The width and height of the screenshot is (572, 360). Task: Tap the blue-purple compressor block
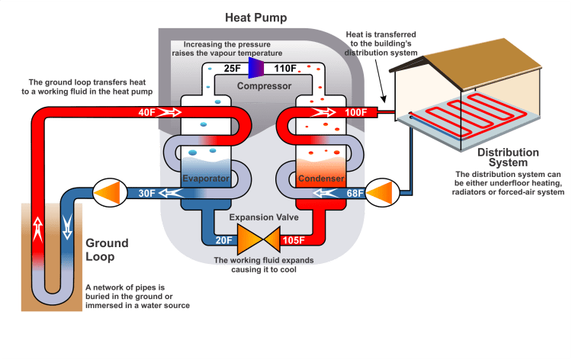click(x=254, y=69)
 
